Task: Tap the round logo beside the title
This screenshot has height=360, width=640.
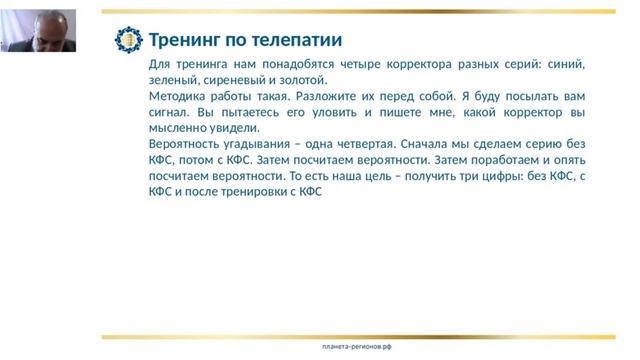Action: [129, 40]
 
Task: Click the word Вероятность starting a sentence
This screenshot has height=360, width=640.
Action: [176, 144]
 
